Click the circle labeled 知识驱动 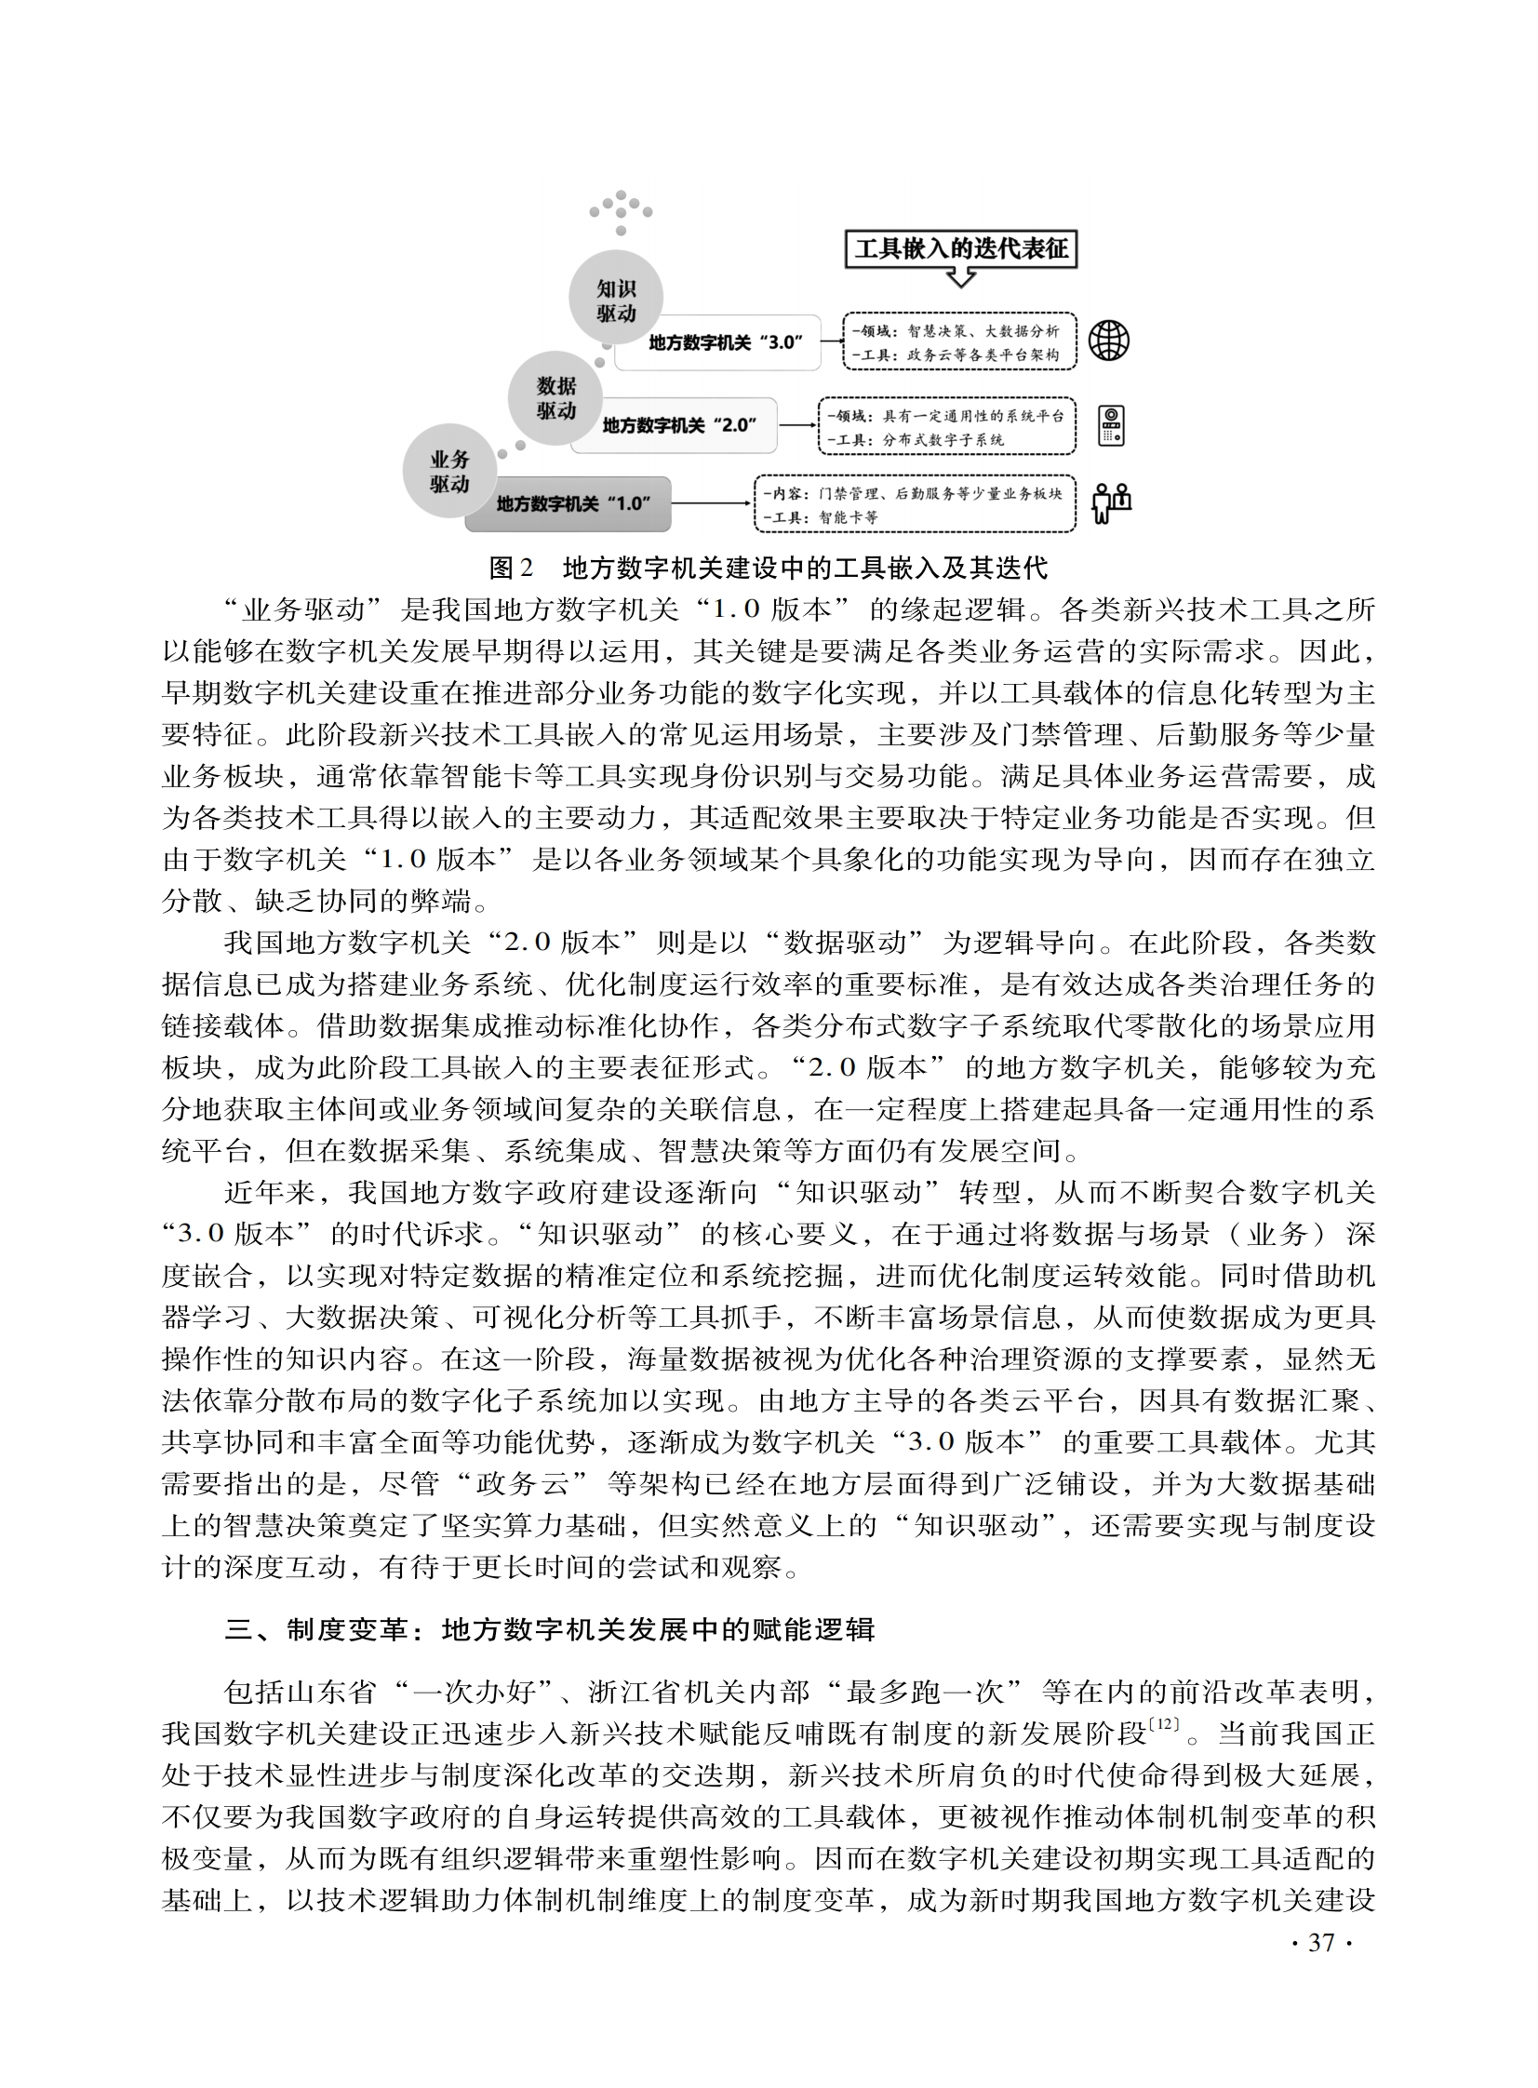pos(615,301)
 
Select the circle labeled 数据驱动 pos(555,398)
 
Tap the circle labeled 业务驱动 pos(448,471)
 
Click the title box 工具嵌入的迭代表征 pos(961,248)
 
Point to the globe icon pos(1109,341)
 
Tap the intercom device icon pos(1111,425)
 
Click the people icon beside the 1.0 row pos(1111,503)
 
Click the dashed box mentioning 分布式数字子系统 pos(946,428)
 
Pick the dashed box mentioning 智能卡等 pos(914,504)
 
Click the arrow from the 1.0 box pos(710,503)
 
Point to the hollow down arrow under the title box pos(960,277)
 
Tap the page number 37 pos(1321,1942)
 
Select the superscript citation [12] pos(1163,1724)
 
